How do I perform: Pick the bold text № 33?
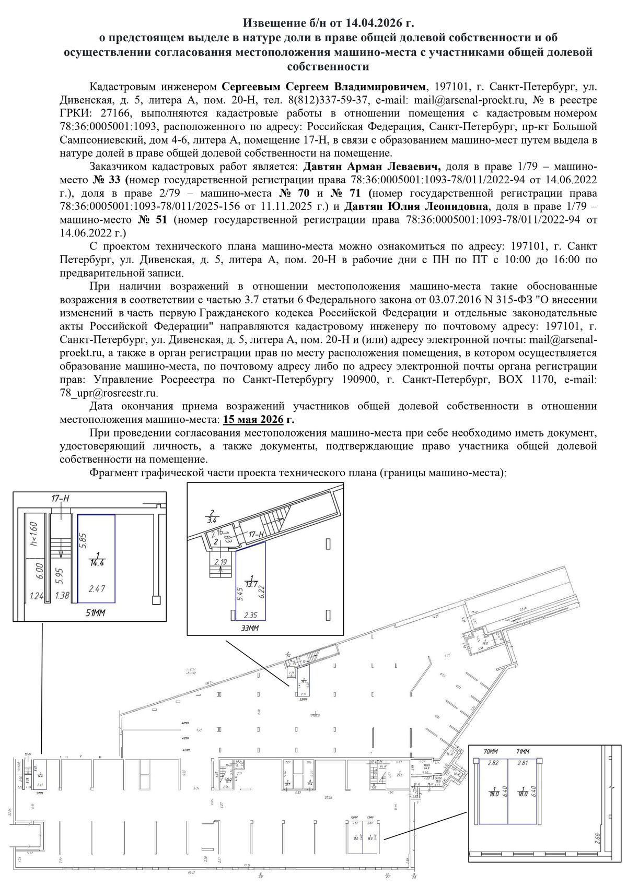point(108,180)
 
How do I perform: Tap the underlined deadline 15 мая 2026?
point(253,419)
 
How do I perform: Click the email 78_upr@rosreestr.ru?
point(109,393)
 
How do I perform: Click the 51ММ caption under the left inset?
point(95,613)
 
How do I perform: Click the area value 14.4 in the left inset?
point(97,563)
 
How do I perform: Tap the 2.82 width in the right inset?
point(492,763)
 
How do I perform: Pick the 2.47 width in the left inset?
point(97,588)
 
